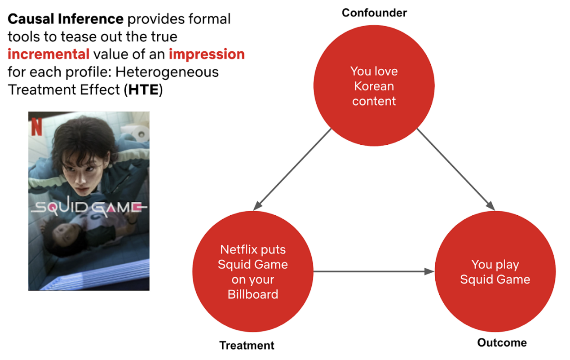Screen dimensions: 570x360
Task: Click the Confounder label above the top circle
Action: coord(374,13)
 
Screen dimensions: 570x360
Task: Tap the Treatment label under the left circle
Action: coord(247,346)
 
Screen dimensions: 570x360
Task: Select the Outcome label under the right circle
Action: coord(502,342)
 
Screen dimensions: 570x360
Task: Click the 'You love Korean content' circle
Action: coord(374,85)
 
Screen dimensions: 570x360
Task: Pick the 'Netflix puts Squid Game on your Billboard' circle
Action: coord(253,271)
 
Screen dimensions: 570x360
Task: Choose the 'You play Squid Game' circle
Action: coord(495,271)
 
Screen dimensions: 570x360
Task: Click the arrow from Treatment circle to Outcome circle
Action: coord(374,271)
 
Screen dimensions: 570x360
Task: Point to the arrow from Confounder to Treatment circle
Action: coord(292,169)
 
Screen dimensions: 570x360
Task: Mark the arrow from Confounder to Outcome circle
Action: coord(456,169)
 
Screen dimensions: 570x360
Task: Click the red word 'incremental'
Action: coord(49,54)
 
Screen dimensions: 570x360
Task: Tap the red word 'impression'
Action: coord(207,54)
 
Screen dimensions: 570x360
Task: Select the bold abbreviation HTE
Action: coord(144,89)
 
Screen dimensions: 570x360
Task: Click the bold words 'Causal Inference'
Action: coord(66,19)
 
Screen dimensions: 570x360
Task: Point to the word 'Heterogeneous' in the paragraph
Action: coord(167,72)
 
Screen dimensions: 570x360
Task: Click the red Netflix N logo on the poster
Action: coord(37,127)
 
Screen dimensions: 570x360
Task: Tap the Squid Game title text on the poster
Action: coord(89,207)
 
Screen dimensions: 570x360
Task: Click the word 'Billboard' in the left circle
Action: coord(253,294)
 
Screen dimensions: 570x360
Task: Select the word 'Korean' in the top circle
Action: coord(374,86)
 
